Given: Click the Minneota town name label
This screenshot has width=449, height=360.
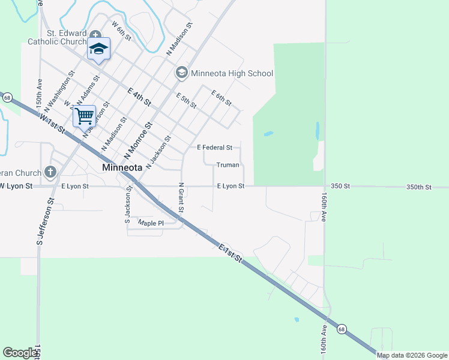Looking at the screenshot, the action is tap(122, 167).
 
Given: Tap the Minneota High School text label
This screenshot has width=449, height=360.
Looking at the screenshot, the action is tap(232, 74).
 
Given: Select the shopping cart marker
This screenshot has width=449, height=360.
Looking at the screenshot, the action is tap(84, 116).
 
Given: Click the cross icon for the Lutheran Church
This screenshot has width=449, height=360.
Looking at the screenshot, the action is tap(50, 173).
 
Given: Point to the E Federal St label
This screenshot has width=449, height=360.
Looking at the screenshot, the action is tap(214, 148).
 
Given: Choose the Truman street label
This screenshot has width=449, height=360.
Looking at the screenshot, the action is tap(228, 165).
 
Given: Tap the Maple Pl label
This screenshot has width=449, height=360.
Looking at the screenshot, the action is tap(151, 223).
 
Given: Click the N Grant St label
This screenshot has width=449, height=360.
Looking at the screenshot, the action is tap(181, 199).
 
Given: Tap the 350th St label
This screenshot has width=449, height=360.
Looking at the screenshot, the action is tap(418, 187).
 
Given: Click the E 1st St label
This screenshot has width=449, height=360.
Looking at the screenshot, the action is tap(230, 253).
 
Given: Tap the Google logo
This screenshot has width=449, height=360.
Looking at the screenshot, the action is tap(20, 353).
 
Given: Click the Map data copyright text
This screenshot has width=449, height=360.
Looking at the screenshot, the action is tap(412, 355).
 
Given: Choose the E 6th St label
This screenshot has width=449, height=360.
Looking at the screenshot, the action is tap(221, 98).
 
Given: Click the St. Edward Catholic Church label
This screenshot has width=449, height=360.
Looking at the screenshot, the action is tap(58, 37).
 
